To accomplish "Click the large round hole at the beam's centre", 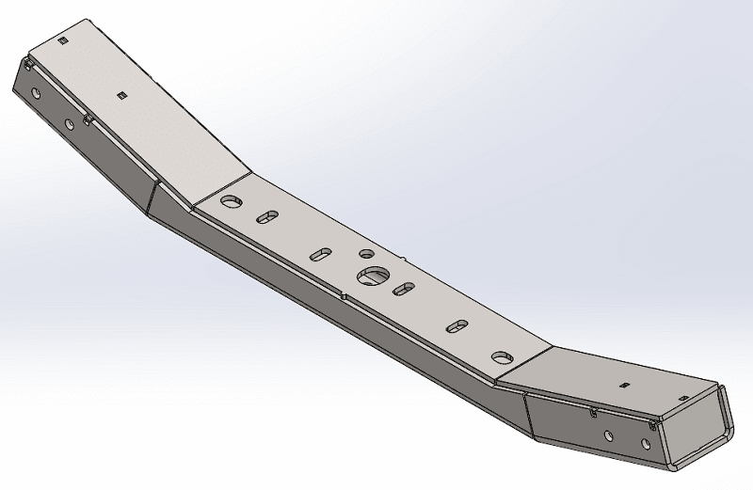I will (x=373, y=276).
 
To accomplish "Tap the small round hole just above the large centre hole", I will (x=366, y=254).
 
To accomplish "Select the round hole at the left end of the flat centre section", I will (x=231, y=201).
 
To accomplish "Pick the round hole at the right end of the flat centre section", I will (x=502, y=357).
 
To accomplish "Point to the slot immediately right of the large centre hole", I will (x=404, y=288).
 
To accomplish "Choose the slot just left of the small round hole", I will (x=320, y=254).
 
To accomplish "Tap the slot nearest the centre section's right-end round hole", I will (x=457, y=326).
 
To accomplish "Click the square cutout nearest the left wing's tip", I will (x=62, y=41).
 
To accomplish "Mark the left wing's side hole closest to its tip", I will (x=36, y=95).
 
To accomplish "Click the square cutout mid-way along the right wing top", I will (x=623, y=385).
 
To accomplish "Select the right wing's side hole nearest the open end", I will (x=652, y=447).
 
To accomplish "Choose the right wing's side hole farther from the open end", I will (x=608, y=435).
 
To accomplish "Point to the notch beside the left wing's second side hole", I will (x=88, y=119).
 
